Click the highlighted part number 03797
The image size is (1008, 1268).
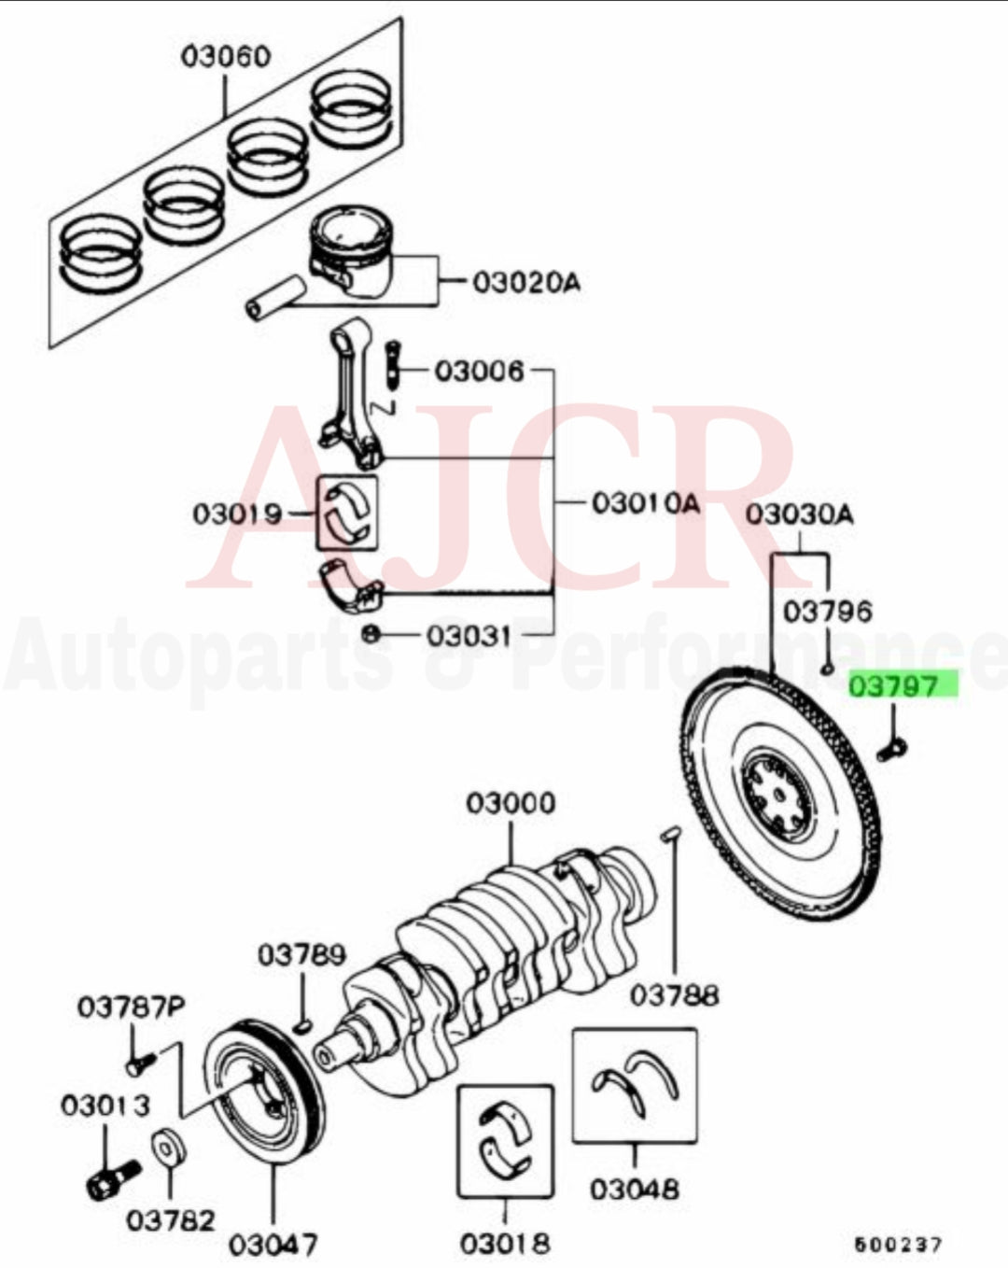[x=903, y=686]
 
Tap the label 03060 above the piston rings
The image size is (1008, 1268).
[x=225, y=56]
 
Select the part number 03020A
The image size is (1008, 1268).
[x=525, y=280]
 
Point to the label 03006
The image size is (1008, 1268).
[x=480, y=372]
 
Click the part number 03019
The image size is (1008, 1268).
[x=237, y=513]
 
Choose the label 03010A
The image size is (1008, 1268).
[x=645, y=503]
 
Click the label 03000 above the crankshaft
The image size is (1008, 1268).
[x=511, y=802]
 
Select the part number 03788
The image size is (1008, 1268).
[x=674, y=995]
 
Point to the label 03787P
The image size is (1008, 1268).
[x=131, y=1007]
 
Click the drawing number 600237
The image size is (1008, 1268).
[x=898, y=1244]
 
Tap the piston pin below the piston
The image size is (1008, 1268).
[x=273, y=296]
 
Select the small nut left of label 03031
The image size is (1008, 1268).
[x=369, y=634]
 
